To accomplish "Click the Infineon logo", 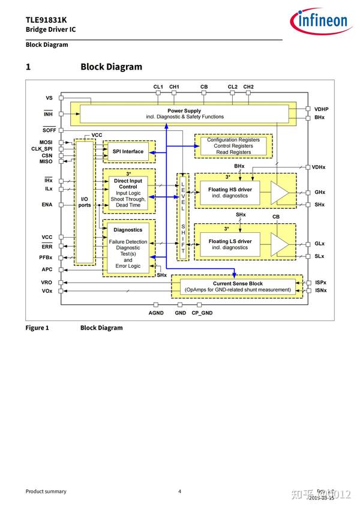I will click(319, 22).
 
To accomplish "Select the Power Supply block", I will click(184, 113).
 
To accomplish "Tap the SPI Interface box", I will click(128, 151).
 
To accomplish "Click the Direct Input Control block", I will click(128, 192).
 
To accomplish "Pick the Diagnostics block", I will click(128, 247).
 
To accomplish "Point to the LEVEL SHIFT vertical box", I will click(183, 217).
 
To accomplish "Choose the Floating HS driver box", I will click(230, 192).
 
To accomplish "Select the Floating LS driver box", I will click(230, 244).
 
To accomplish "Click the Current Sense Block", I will click(238, 286).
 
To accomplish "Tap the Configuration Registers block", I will click(233, 146).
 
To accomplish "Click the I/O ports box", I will click(85, 202).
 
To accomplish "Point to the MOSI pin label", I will click(46, 142).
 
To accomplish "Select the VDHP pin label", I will click(321, 109).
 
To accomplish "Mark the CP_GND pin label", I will click(202, 313).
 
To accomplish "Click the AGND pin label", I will click(156, 313).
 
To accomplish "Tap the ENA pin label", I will click(47, 205).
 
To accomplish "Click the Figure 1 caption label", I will click(37, 328).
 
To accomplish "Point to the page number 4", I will click(179, 491).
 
